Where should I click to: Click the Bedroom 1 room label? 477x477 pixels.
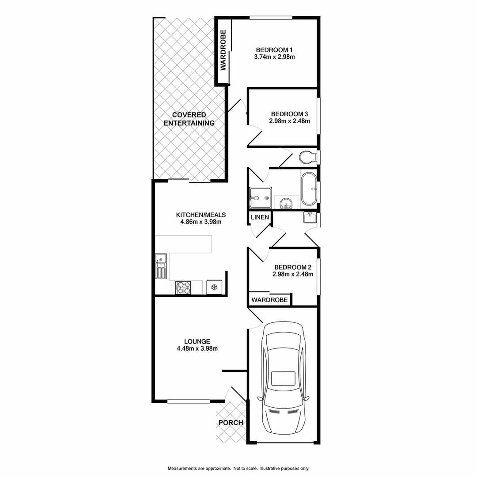(x=274, y=49)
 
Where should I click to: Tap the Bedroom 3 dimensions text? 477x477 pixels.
(x=290, y=121)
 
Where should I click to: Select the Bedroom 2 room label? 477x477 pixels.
(x=293, y=267)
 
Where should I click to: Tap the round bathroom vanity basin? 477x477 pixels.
(x=286, y=204)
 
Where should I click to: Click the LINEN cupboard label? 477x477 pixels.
(x=259, y=217)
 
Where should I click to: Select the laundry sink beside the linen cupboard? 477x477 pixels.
(x=309, y=217)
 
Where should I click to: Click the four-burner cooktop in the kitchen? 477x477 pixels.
(x=183, y=288)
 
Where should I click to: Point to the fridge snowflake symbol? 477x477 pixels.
(x=214, y=288)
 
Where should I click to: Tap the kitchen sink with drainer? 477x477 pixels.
(x=161, y=267)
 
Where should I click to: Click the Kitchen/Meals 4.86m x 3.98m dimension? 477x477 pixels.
(x=201, y=222)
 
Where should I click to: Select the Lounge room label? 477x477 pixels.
(x=197, y=341)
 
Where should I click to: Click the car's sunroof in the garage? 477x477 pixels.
(x=283, y=379)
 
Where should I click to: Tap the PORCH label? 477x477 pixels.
(x=231, y=423)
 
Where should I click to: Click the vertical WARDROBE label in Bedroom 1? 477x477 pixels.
(x=223, y=50)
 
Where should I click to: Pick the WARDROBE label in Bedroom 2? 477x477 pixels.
(x=269, y=300)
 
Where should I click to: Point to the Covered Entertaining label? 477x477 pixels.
(x=189, y=119)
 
